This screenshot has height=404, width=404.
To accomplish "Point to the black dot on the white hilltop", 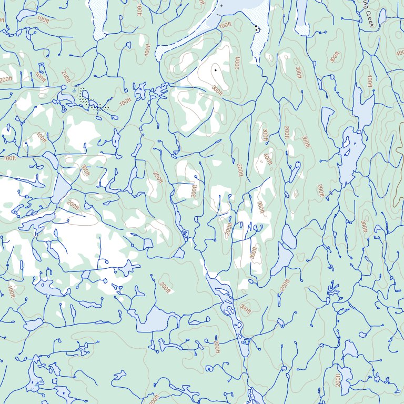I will click(x=215, y=69).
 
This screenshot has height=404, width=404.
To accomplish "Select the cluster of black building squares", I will click(x=257, y=28).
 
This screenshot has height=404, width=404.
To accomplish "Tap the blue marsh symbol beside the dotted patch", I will click(x=73, y=91).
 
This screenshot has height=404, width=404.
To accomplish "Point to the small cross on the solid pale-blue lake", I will click(x=221, y=5).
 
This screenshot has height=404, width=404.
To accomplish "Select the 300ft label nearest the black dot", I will click(x=217, y=90).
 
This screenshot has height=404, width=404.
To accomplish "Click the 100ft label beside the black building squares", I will click(x=225, y=25).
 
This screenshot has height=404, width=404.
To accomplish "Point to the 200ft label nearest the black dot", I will click(x=238, y=63).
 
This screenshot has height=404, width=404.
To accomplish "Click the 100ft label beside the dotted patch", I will click(x=125, y=102).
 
